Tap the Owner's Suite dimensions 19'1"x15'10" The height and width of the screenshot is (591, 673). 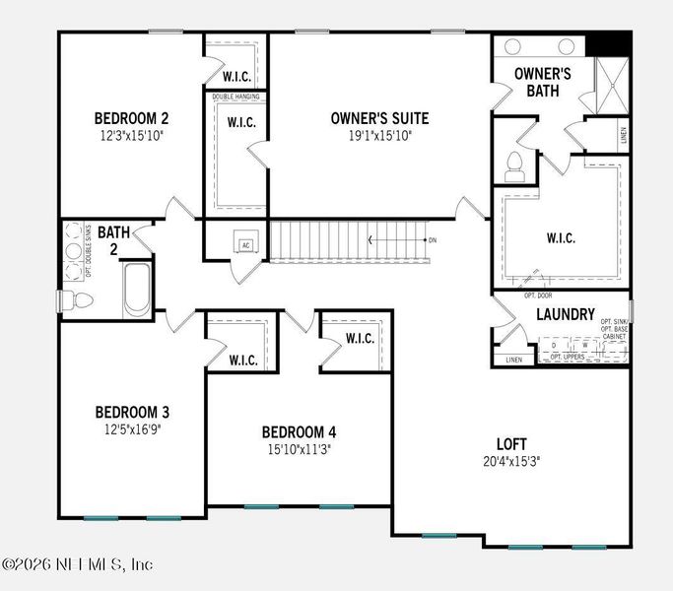point(379,135)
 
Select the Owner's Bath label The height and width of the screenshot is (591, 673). point(543,82)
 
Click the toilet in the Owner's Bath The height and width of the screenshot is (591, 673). point(513,167)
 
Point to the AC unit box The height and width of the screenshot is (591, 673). point(246,245)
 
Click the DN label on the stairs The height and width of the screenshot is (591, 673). point(431,240)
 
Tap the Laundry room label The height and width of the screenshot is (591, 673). point(565,315)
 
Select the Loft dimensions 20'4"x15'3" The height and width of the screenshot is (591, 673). point(510,460)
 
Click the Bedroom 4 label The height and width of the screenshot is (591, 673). point(299,431)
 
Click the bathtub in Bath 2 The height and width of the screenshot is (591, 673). point(138,289)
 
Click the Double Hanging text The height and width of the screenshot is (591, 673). point(236,97)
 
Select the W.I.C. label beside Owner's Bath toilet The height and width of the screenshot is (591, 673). point(561,238)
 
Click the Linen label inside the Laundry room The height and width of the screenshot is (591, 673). point(513,361)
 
